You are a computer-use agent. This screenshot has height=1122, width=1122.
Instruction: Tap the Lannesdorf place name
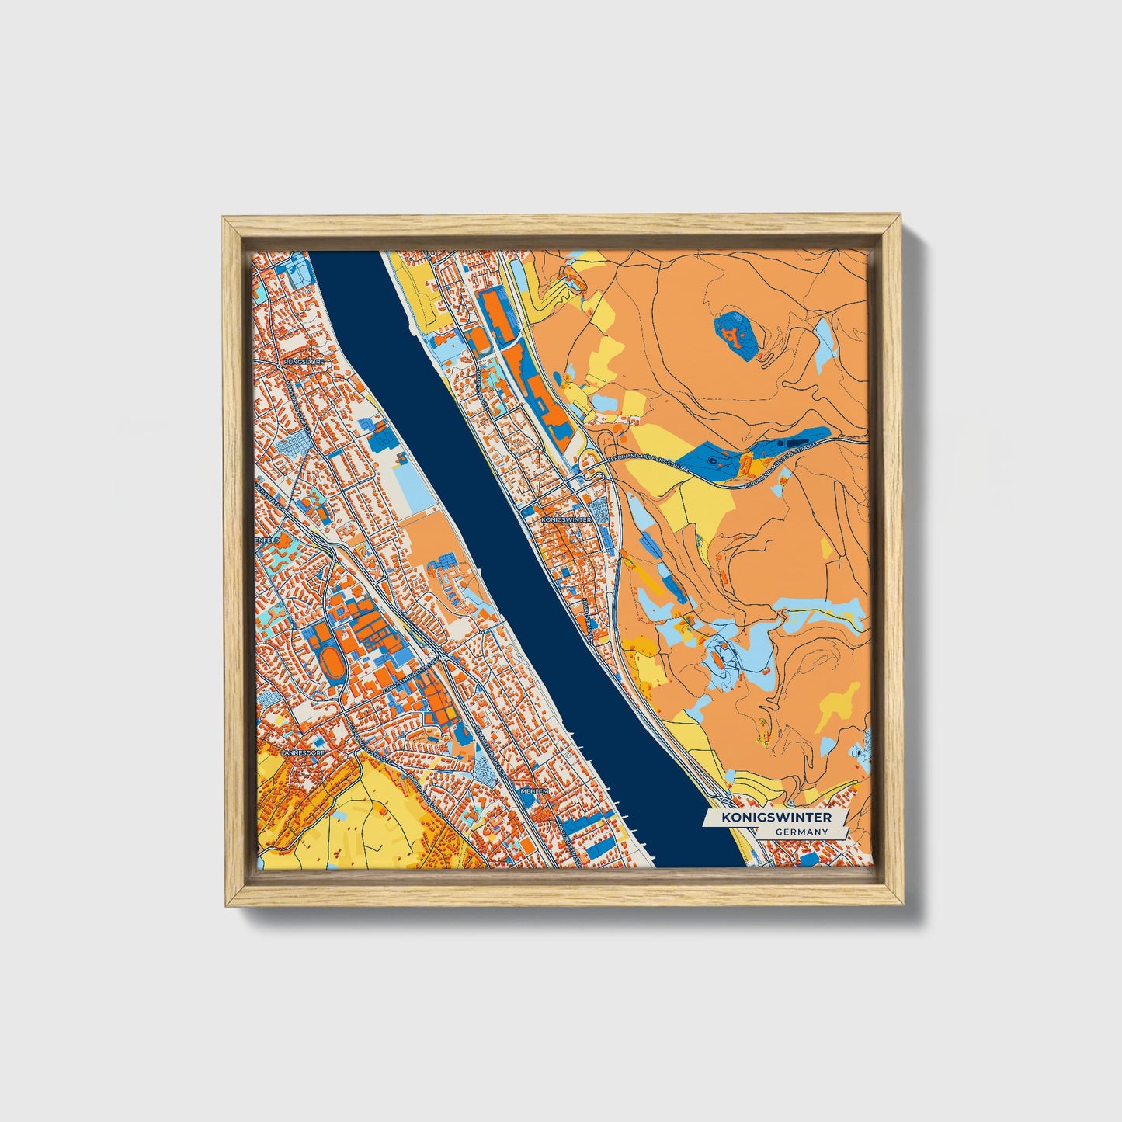pyautogui.click(x=301, y=752)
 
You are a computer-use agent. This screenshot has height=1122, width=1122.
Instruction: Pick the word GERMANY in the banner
pyautogui.click(x=800, y=832)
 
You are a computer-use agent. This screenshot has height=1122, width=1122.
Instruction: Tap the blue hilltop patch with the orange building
pyautogui.click(x=734, y=335)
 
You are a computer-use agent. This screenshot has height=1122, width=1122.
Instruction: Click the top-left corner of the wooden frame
pyautogui.click(x=223, y=218)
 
